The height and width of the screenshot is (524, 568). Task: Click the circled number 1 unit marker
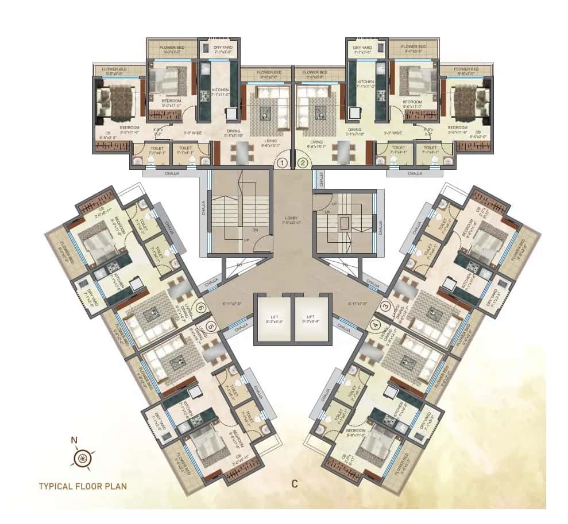click(281, 162)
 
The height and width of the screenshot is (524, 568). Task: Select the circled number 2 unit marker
click(303, 162)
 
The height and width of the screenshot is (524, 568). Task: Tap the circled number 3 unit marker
click(385, 307)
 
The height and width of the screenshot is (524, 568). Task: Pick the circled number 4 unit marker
click(376, 325)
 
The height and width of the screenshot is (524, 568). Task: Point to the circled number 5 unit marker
click(211, 327)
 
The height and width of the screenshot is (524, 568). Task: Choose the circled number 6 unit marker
click(200, 308)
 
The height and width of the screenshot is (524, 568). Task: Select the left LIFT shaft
click(273, 319)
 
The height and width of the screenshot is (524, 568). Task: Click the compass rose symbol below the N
click(82, 459)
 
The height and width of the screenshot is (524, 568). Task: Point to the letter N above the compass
click(74, 441)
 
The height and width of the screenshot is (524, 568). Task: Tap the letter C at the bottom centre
click(294, 484)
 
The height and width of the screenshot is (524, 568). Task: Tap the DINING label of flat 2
click(355, 130)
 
